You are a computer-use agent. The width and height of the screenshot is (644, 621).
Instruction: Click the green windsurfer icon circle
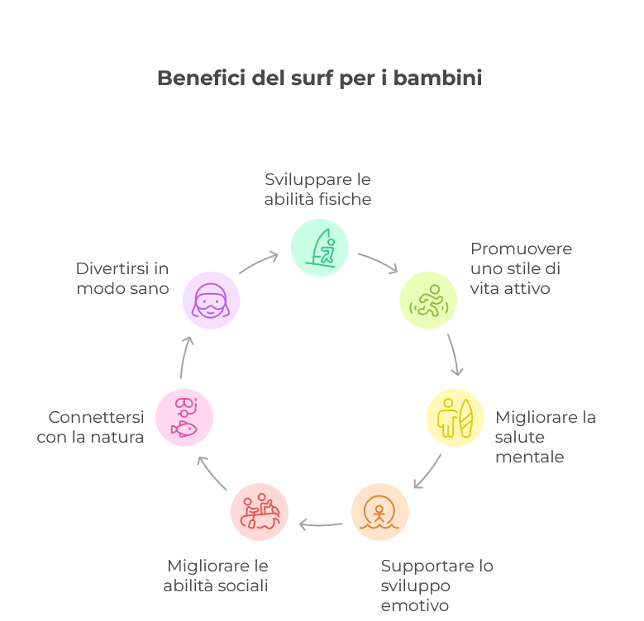click(320, 248)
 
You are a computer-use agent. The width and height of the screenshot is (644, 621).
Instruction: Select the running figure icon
click(428, 301)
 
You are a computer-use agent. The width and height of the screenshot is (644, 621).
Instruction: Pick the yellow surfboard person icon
click(455, 418)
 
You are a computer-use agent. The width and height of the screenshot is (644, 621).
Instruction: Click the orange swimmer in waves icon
click(379, 512)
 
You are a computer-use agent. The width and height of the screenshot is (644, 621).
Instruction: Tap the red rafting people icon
click(260, 512)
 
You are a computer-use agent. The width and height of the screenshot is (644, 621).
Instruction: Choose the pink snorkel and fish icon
click(184, 417)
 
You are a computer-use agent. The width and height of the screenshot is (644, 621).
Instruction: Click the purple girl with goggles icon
click(211, 301)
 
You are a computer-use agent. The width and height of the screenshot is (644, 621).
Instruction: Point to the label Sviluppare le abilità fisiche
click(317, 189)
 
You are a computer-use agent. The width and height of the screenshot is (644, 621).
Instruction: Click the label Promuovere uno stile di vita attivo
click(521, 268)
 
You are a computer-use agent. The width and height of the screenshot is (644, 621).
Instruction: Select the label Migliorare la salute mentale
click(545, 437)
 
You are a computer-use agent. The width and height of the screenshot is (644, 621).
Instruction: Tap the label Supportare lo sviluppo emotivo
click(436, 585)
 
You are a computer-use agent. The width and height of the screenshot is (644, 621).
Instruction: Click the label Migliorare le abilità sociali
click(217, 576)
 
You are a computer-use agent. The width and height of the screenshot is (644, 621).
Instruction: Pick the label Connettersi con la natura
click(90, 427)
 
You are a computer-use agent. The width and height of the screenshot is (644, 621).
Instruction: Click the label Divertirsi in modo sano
click(122, 278)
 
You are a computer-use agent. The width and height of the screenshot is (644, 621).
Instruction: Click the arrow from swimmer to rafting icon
click(321, 524)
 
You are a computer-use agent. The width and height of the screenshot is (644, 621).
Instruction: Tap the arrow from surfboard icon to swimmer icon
click(427, 471)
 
